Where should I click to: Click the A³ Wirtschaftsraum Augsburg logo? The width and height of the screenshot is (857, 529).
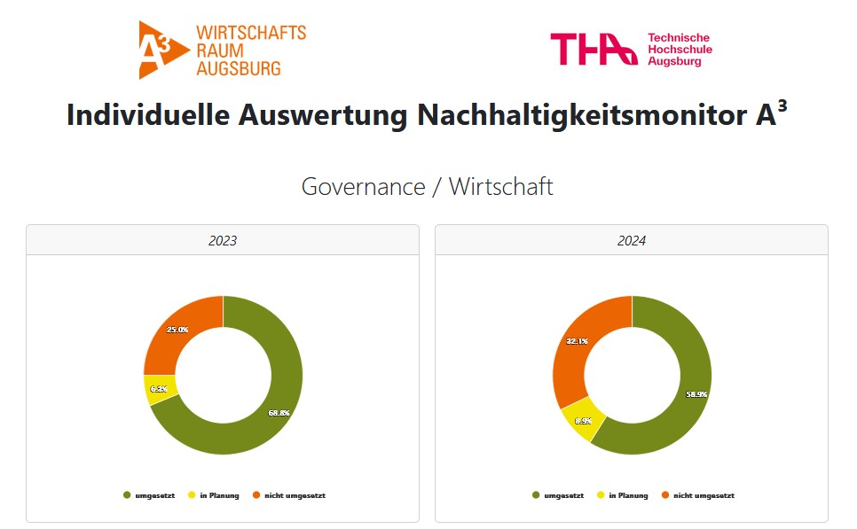(222, 50)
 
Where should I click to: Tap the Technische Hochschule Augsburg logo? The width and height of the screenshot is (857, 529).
(631, 49)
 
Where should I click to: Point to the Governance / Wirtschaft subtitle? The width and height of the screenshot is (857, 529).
(427, 187)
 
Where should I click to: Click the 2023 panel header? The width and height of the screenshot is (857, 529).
(222, 240)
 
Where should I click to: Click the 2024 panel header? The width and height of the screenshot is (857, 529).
(632, 240)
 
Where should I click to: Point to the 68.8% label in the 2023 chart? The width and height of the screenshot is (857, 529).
(279, 412)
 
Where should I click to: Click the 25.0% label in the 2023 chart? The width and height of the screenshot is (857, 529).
(177, 330)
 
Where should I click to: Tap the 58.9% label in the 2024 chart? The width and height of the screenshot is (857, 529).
(696, 394)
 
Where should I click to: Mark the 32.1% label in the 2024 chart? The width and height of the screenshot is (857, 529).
(577, 340)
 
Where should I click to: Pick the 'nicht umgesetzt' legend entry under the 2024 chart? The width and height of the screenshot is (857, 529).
(696, 495)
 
